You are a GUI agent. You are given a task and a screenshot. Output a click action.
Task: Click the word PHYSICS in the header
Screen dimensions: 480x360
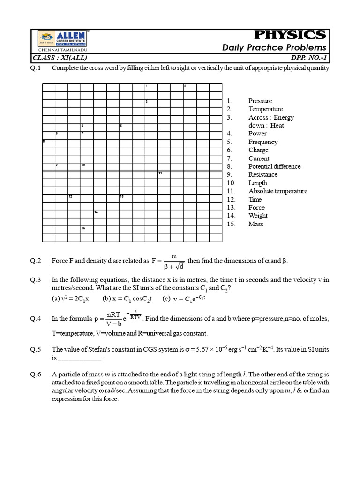(290, 35)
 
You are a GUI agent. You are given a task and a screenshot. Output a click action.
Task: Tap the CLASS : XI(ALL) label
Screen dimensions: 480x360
(60, 58)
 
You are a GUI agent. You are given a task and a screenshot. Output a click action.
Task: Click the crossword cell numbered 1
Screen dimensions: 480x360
(151, 88)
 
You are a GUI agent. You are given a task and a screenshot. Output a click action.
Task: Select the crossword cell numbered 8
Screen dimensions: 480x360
(49, 142)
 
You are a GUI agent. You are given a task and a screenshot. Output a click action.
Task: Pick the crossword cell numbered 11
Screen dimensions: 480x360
(164, 175)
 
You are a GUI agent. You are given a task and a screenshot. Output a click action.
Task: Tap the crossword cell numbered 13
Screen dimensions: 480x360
(125, 198)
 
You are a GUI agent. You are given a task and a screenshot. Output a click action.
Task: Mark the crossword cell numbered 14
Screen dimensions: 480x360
(100, 214)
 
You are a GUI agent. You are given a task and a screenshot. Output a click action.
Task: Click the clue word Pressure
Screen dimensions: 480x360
(260, 101)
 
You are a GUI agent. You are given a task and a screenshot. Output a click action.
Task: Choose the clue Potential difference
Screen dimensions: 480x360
(274, 166)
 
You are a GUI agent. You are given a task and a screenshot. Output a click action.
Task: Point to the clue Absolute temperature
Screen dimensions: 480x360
(277, 191)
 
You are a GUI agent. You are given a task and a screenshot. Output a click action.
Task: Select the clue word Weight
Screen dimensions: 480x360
(258, 216)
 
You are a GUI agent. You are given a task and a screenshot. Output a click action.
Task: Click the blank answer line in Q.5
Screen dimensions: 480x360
(79, 358)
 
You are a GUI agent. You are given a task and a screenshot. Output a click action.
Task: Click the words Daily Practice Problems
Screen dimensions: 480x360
(274, 48)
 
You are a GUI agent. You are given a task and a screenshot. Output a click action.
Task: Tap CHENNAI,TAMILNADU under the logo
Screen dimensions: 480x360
(59, 49)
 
